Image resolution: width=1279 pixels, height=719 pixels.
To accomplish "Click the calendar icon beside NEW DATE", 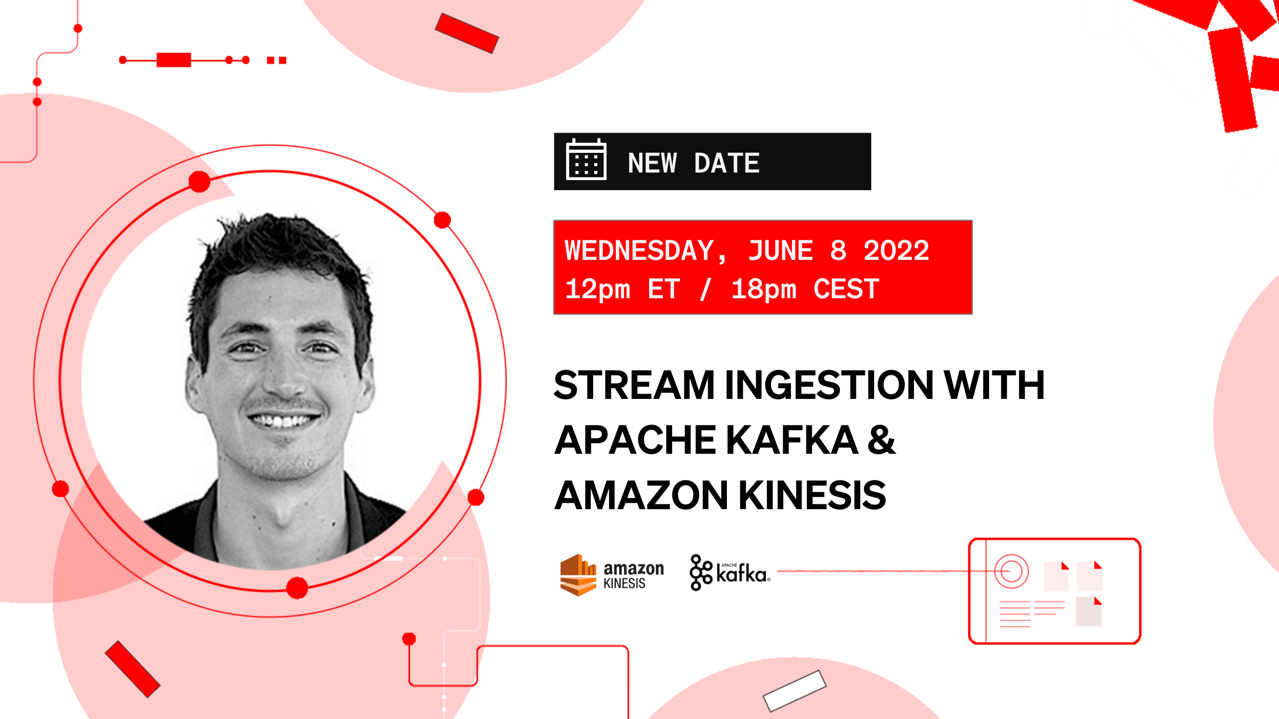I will coord(586,160).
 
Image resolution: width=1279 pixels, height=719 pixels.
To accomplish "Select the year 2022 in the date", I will coord(896,251).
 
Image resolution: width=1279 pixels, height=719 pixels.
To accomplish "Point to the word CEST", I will coord(846,290).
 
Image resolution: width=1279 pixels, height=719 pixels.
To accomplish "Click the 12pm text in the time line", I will coord(597,290).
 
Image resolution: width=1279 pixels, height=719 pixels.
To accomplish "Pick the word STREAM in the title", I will coord(634,385).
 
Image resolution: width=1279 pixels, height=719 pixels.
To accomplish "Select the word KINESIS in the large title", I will coord(812,495).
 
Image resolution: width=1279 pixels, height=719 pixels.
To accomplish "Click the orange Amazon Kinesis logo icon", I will coord(578,575).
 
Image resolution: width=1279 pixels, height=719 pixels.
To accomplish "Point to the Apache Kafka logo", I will coord(730,573).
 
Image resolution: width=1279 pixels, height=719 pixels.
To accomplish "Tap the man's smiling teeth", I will coord(283,421).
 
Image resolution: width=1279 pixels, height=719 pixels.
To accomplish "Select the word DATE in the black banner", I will coord(726,163).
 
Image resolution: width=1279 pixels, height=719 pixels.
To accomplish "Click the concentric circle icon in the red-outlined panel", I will coord(1011,571).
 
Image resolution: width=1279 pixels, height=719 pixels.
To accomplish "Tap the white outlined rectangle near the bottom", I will coord(795,691).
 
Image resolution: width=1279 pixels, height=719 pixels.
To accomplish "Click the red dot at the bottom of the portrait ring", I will coord(297,588).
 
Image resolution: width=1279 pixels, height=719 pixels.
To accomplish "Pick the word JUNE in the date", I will coord(780,251).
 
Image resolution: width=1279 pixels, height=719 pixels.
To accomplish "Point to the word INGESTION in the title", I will coord(829,385).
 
